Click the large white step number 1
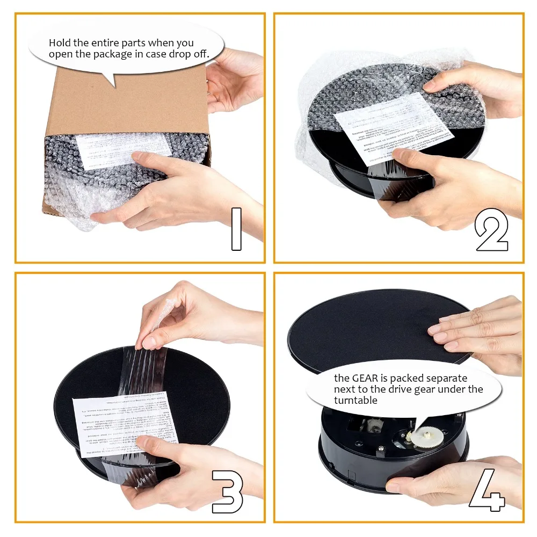[x=236, y=229]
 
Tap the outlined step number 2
[x=491, y=230]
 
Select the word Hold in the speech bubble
[x=60, y=43]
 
